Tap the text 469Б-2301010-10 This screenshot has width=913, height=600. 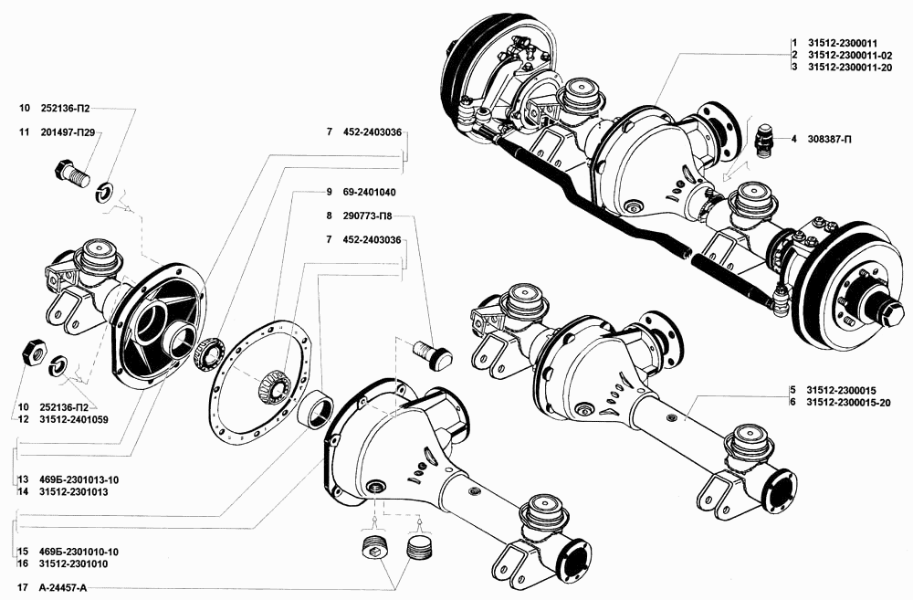coord(79,552)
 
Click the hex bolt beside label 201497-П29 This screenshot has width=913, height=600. coord(71,173)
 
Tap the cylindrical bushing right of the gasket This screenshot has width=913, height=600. coord(315,410)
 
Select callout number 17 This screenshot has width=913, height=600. coord(23,588)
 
